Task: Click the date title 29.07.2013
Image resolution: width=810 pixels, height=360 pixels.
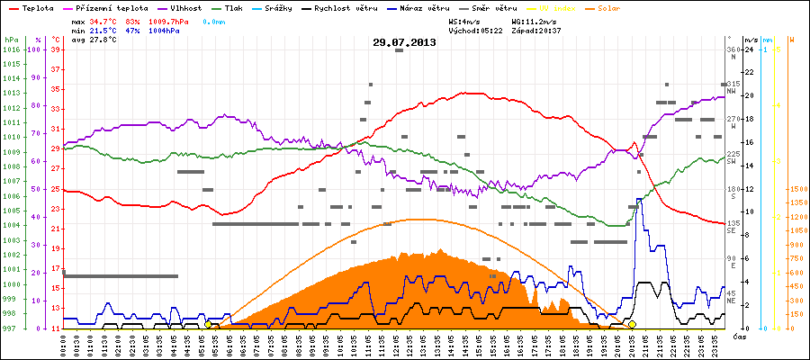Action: [x=405, y=42]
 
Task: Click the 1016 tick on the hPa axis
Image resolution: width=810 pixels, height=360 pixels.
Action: [x=11, y=49]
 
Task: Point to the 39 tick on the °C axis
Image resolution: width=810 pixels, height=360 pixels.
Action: [x=55, y=49]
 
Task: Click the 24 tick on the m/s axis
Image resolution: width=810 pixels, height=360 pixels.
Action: [x=749, y=49]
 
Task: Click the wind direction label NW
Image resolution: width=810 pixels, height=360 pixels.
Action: [x=733, y=91]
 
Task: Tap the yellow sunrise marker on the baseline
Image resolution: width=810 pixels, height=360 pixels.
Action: [x=209, y=325]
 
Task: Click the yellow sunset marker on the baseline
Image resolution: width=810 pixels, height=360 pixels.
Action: [x=632, y=325]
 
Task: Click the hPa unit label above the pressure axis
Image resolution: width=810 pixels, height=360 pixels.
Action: [x=11, y=40]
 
